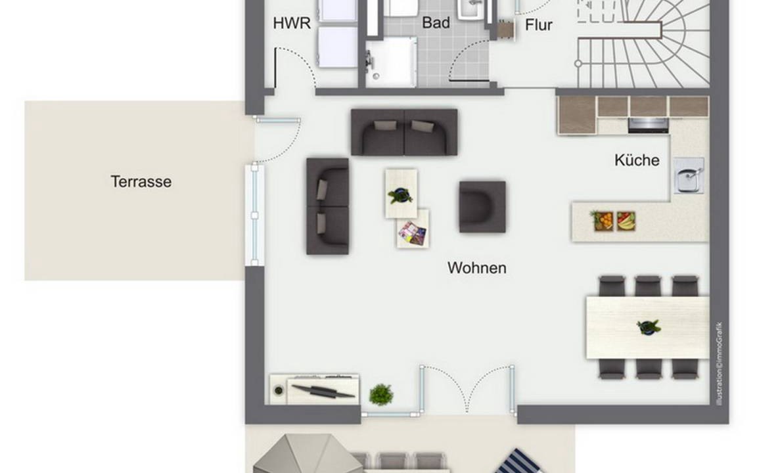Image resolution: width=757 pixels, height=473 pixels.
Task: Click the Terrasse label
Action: (x=141, y=181)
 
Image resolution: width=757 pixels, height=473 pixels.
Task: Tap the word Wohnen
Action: (x=477, y=268)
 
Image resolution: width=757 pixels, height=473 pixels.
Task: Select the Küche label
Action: (x=637, y=160)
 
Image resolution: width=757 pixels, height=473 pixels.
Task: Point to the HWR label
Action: (x=292, y=23)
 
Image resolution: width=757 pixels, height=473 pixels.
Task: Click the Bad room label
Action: (x=436, y=23)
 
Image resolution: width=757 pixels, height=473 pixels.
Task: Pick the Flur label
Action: (x=539, y=24)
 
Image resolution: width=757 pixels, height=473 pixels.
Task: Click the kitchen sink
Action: (x=689, y=175)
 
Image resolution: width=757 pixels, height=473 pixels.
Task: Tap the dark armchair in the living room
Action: (x=482, y=206)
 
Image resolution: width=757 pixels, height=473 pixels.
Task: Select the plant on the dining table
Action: (x=649, y=327)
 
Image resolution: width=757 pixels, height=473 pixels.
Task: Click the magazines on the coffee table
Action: (x=413, y=233)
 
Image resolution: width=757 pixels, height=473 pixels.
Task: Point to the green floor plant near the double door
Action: (x=381, y=394)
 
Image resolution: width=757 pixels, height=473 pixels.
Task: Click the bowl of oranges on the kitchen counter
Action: (x=603, y=221)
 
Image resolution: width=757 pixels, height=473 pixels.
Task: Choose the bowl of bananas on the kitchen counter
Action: (x=626, y=221)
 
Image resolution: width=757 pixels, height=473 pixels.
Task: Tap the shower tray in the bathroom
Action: (x=391, y=63)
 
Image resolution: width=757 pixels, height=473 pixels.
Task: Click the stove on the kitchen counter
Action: (x=649, y=125)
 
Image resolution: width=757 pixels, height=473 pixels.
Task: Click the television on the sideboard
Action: (x=323, y=390)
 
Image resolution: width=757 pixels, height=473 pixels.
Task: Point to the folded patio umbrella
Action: (x=308, y=454)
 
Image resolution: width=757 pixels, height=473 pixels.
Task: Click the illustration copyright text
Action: (x=720, y=364)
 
